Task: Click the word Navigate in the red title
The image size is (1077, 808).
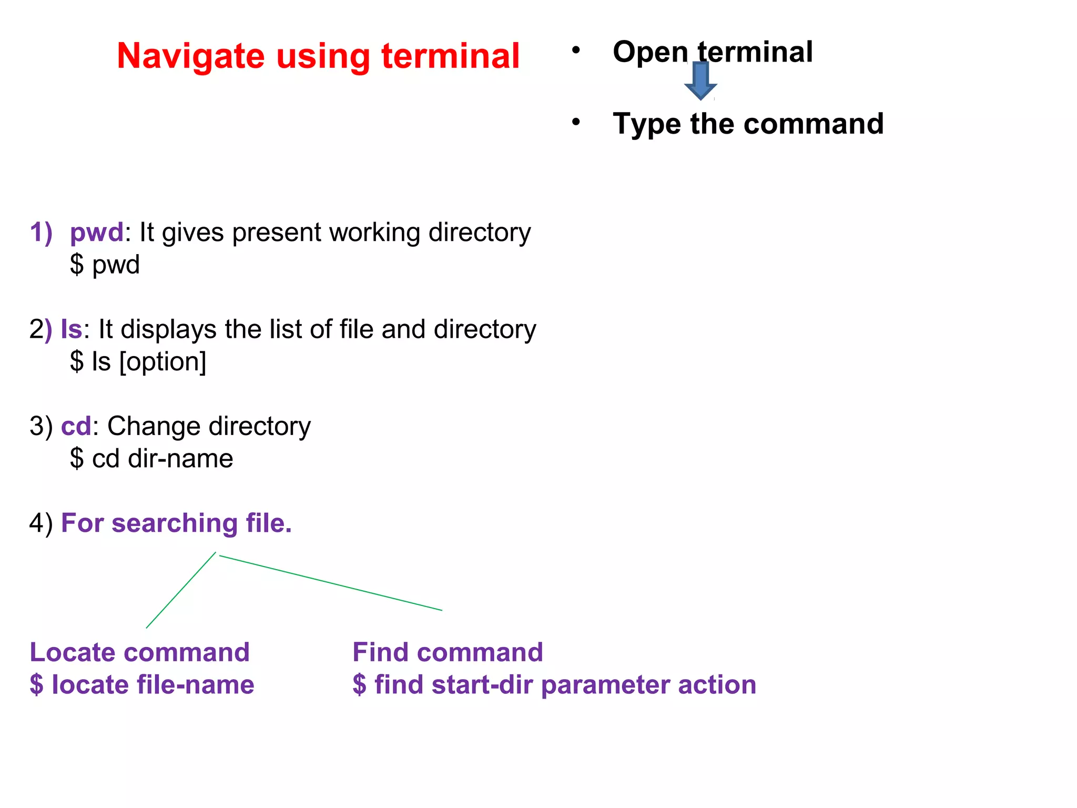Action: [x=190, y=57]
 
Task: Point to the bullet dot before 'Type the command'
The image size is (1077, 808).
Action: [x=576, y=122]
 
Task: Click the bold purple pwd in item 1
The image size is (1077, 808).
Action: [x=97, y=233]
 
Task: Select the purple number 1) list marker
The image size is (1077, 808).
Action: [x=41, y=233]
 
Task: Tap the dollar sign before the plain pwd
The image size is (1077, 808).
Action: [x=77, y=265]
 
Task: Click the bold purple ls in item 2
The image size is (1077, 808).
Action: [x=71, y=329]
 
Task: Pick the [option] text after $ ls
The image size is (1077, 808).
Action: [x=163, y=362]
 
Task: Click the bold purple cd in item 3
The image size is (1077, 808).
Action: [x=76, y=426]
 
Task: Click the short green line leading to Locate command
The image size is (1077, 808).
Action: [x=180, y=591]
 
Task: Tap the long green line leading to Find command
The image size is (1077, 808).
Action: [x=330, y=583]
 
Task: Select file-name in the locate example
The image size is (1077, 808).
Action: [x=195, y=685]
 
